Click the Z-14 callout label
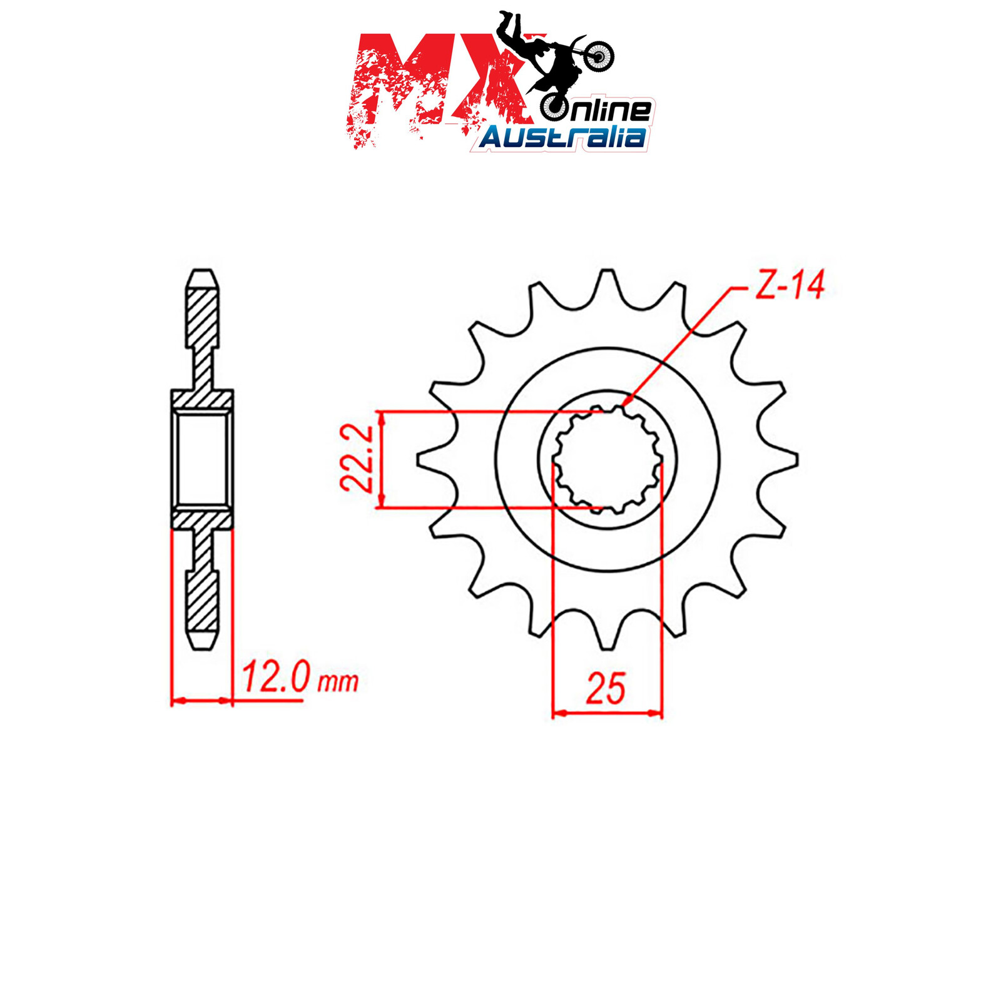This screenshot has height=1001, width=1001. coord(790,285)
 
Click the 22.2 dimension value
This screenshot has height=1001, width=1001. coord(357,458)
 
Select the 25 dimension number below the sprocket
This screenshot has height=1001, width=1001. coord(605,689)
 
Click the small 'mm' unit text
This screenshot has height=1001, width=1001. coord(338,682)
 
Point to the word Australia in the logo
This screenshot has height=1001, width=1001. coord(562,137)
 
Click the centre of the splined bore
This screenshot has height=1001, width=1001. coord(607,460)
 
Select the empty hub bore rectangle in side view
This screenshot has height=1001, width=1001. coord(202,459)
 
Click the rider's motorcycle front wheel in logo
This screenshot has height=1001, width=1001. coord(599,57)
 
